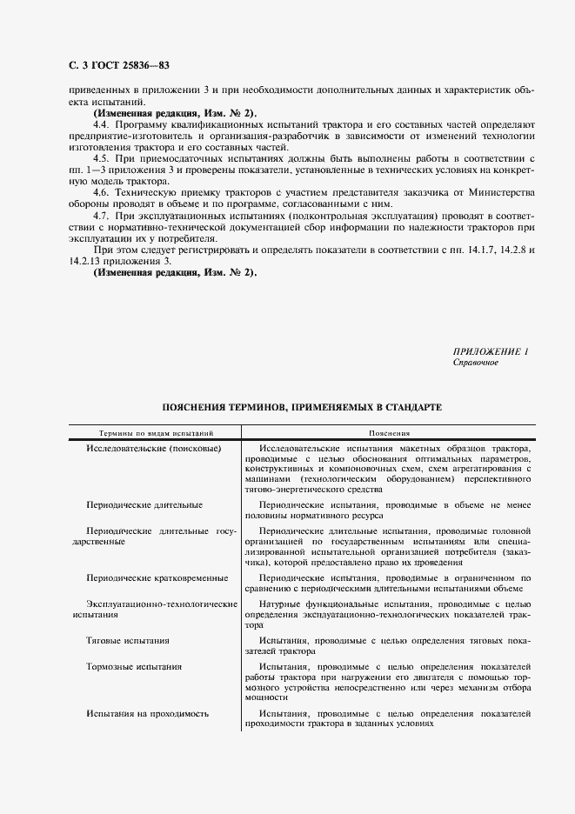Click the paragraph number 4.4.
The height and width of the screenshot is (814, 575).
(x=101, y=126)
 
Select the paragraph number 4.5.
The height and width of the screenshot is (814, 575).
(x=101, y=158)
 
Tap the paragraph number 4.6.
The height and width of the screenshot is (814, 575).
(x=101, y=190)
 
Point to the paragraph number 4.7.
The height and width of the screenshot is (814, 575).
(x=101, y=214)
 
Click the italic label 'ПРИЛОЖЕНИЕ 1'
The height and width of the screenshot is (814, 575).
(x=491, y=351)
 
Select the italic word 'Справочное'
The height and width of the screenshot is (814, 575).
(x=476, y=363)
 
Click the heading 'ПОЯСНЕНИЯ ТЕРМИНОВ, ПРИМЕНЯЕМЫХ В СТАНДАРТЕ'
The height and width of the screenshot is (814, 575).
(x=302, y=407)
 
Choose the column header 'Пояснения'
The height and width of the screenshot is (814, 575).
(x=389, y=432)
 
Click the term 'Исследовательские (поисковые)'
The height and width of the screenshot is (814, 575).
(x=153, y=448)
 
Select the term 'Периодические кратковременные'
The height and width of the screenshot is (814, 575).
(x=157, y=577)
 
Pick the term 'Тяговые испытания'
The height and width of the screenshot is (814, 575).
(x=128, y=641)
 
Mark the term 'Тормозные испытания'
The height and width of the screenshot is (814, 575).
(x=134, y=667)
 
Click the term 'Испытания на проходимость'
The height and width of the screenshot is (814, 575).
(x=147, y=714)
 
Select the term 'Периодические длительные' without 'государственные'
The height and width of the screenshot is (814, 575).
(x=144, y=504)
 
